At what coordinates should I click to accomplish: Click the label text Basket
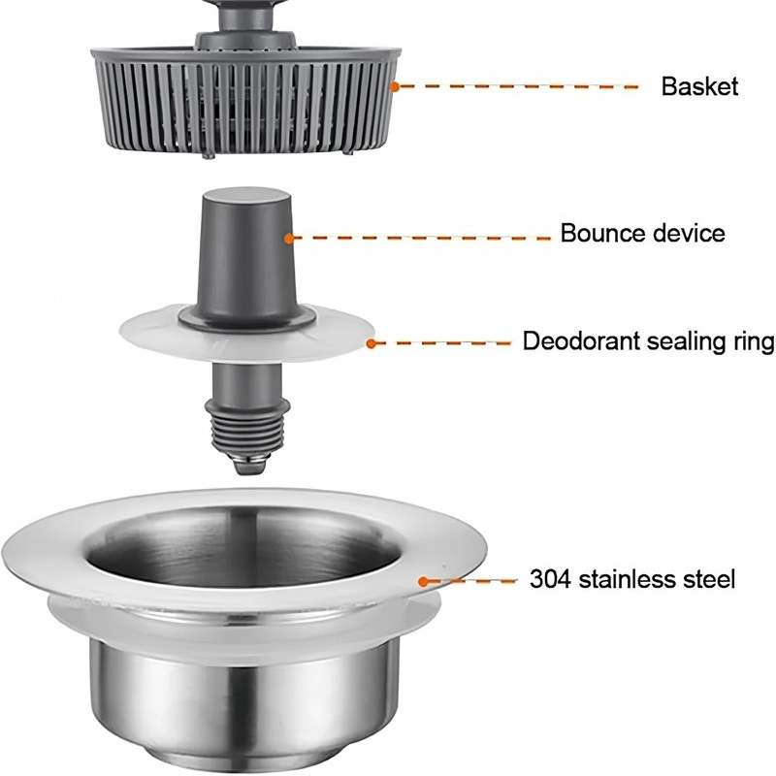[699, 86]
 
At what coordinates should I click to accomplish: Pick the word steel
[709, 578]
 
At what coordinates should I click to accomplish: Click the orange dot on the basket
[394, 87]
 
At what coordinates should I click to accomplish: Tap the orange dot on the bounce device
[289, 238]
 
